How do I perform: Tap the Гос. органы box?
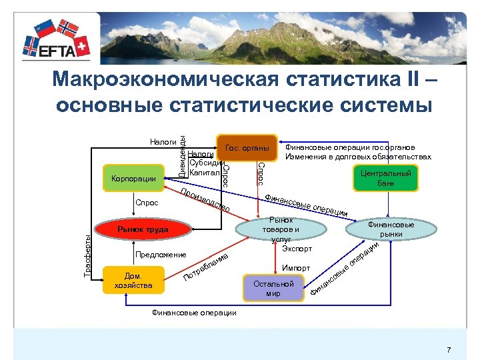click(x=247, y=147)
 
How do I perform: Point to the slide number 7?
click(x=449, y=350)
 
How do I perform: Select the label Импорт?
click(x=296, y=268)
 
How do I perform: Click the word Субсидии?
click(x=205, y=163)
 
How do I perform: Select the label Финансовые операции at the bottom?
click(x=194, y=312)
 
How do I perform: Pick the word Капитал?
click(x=204, y=173)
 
